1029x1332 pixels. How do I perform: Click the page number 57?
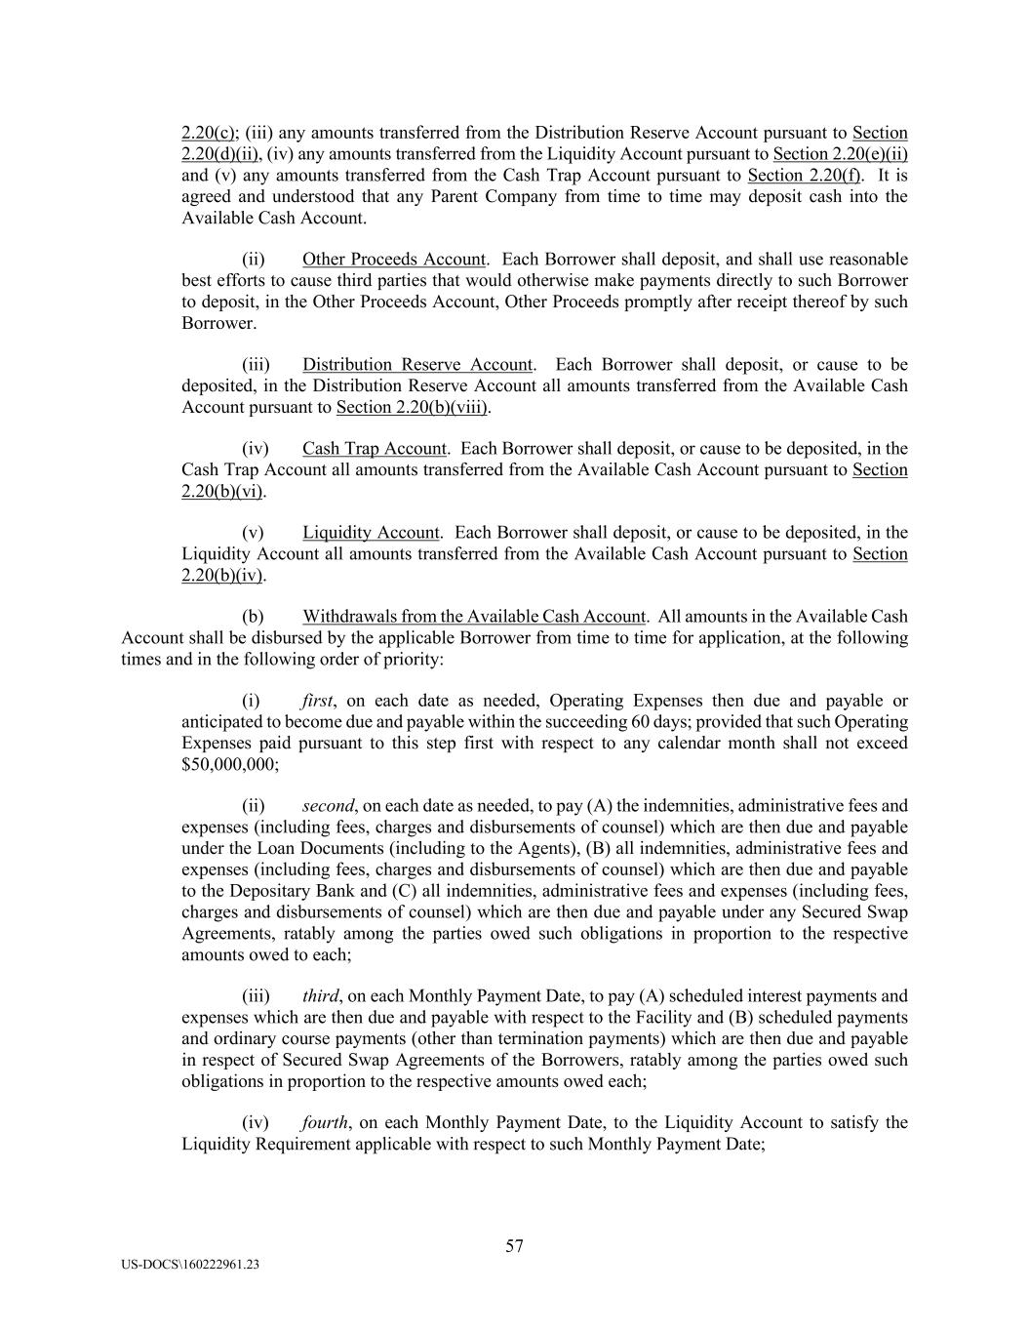click(x=514, y=1245)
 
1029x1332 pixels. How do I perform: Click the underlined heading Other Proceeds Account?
click(x=393, y=260)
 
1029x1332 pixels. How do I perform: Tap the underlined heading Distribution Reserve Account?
click(x=417, y=365)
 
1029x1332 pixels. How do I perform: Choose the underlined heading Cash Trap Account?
click(x=374, y=449)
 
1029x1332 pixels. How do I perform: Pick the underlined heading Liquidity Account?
click(x=371, y=533)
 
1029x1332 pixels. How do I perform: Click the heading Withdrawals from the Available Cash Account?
click(x=474, y=617)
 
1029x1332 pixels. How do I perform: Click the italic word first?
click(x=318, y=701)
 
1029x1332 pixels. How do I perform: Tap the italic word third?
click(x=320, y=996)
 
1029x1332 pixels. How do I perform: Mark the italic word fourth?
click(x=325, y=1122)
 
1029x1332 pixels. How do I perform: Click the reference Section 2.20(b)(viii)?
click(x=412, y=407)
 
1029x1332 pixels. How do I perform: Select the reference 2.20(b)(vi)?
click(x=222, y=491)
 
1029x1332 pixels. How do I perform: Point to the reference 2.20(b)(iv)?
click(x=222, y=575)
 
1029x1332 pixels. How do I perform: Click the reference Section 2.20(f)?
click(x=804, y=176)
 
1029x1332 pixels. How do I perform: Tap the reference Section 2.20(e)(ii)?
click(x=841, y=154)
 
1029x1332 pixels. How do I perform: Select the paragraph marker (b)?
click(x=253, y=617)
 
